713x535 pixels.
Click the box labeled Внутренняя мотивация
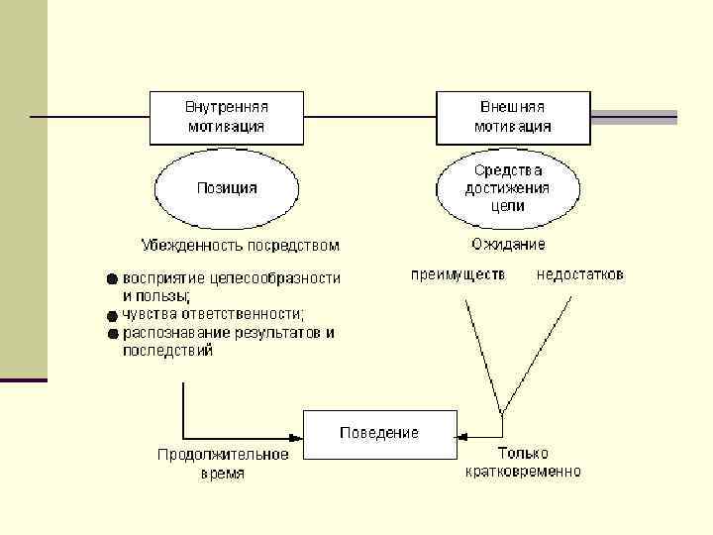(x=227, y=116)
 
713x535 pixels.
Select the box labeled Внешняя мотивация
(x=514, y=116)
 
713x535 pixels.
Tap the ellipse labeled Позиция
(x=227, y=188)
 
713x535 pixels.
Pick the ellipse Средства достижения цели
(x=508, y=188)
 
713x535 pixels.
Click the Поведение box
(x=378, y=433)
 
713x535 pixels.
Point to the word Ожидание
(x=508, y=245)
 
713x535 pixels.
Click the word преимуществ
(x=458, y=274)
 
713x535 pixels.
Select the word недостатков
(x=580, y=274)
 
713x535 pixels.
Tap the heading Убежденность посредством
(x=240, y=245)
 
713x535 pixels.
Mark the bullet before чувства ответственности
(x=113, y=315)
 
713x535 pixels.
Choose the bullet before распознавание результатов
(x=113, y=333)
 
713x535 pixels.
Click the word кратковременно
(x=524, y=472)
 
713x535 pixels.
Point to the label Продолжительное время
(x=224, y=464)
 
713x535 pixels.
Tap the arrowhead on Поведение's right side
(x=461, y=433)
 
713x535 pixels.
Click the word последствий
(x=167, y=351)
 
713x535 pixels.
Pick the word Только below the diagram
(x=523, y=454)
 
